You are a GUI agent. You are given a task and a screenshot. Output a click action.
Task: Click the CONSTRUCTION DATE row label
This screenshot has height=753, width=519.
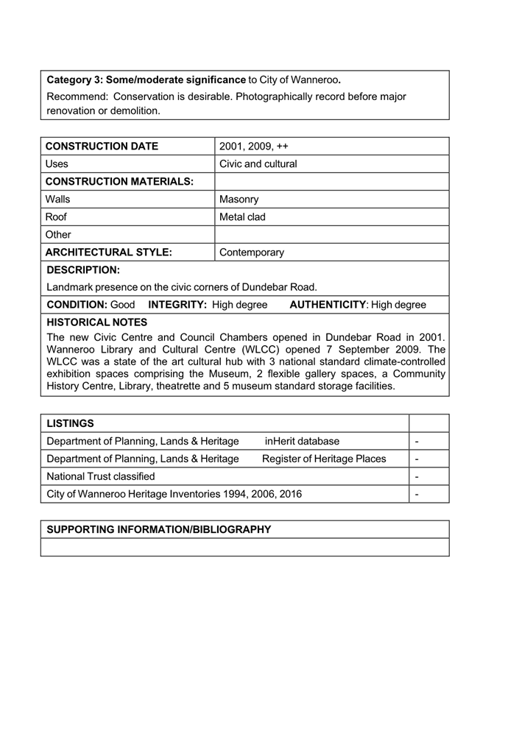[x=102, y=146]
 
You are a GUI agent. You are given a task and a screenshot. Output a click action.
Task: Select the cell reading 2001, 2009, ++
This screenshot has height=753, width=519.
[x=253, y=146]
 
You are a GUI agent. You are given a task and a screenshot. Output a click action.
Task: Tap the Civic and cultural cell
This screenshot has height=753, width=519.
[x=258, y=163]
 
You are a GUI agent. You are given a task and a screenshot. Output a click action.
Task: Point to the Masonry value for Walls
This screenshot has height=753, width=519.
[x=239, y=199]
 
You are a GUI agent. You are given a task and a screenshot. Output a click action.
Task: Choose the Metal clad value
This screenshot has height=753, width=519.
[x=242, y=216]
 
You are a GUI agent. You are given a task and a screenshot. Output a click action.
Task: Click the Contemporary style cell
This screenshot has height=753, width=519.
[x=251, y=252]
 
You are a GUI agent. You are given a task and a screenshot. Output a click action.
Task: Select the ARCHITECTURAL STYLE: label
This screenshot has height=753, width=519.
[x=108, y=252]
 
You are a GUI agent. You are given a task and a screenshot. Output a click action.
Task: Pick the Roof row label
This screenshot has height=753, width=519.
[x=56, y=216]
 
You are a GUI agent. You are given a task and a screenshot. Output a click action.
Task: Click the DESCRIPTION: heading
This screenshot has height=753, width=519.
[x=82, y=269]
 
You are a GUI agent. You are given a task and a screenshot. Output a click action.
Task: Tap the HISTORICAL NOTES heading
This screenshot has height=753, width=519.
[x=96, y=322]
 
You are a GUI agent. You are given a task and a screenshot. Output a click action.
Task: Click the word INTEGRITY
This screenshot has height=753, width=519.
[x=177, y=304]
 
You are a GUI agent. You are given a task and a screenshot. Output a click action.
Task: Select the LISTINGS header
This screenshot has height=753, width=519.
[x=70, y=423]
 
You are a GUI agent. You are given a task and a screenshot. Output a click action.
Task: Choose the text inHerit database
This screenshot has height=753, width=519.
[x=302, y=441]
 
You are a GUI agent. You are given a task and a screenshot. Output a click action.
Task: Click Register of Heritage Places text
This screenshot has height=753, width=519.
[x=323, y=459]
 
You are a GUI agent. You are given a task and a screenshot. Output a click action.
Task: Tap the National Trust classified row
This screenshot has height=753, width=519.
[x=100, y=476]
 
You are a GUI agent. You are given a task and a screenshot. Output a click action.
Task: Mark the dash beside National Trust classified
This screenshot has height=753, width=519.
[x=417, y=476]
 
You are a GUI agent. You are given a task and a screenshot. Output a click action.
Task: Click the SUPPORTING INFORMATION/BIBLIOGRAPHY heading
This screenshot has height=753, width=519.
[x=158, y=529]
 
